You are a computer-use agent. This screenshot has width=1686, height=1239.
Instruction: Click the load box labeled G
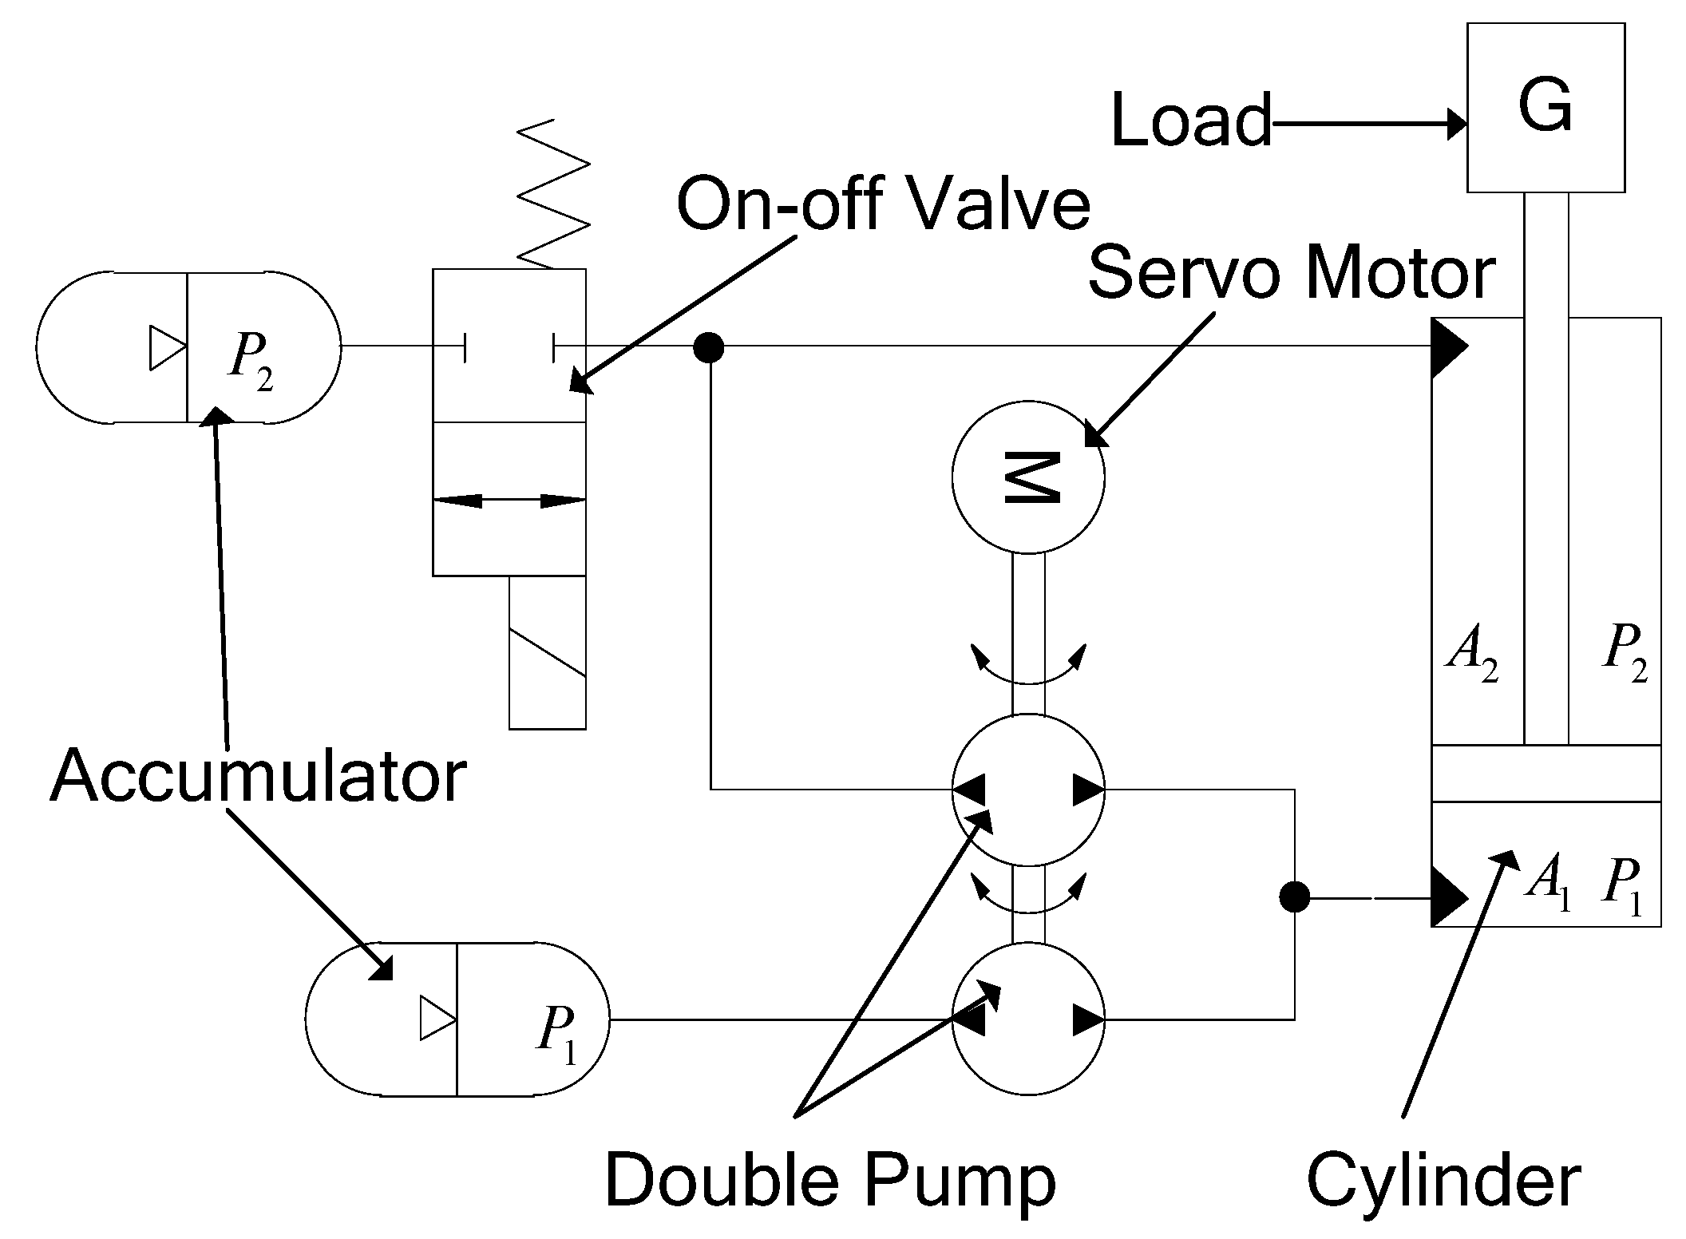click(x=1545, y=107)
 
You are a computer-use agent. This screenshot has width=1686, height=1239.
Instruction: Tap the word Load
click(x=1191, y=121)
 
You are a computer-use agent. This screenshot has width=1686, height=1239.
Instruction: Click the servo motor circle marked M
click(x=1028, y=477)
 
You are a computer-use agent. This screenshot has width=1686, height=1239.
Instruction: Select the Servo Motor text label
click(x=1291, y=274)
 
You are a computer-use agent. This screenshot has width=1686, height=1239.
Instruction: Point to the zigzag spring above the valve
click(x=553, y=193)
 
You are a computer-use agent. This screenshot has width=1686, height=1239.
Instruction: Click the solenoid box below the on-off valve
click(x=548, y=651)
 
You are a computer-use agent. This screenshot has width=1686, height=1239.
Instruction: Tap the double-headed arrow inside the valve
click(x=509, y=501)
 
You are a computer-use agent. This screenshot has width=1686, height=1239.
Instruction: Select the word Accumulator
click(x=257, y=777)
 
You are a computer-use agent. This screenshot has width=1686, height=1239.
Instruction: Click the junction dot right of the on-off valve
click(x=708, y=347)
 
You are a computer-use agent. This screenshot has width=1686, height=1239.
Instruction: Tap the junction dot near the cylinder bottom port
click(x=1294, y=897)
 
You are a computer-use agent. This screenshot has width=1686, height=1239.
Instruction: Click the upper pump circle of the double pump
click(x=1028, y=790)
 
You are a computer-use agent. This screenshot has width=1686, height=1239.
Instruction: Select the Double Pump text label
click(x=830, y=1180)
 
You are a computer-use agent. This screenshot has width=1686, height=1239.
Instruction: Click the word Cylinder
click(x=1443, y=1180)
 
